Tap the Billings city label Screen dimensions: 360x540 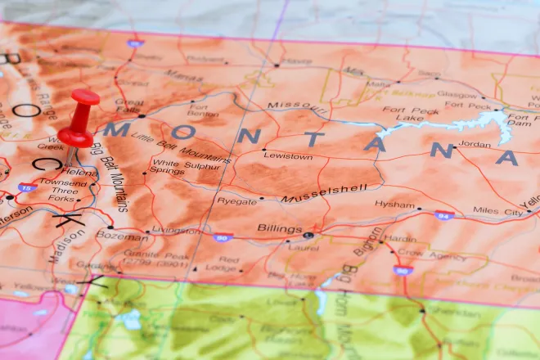pyautogui.click(x=274, y=228)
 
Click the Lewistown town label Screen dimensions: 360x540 pyautogui.click(x=287, y=155)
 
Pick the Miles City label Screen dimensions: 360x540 pyautogui.click(x=497, y=211)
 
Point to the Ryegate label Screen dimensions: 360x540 pyautogui.click(x=236, y=200)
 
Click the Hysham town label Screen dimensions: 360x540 pyautogui.click(x=394, y=204)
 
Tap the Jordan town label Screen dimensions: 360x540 pyautogui.click(x=475, y=144)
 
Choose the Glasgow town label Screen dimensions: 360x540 pyautogui.click(x=457, y=94)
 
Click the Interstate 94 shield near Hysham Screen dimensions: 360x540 pyautogui.click(x=443, y=216)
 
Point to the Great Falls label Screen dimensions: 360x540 pyautogui.click(x=129, y=107)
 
